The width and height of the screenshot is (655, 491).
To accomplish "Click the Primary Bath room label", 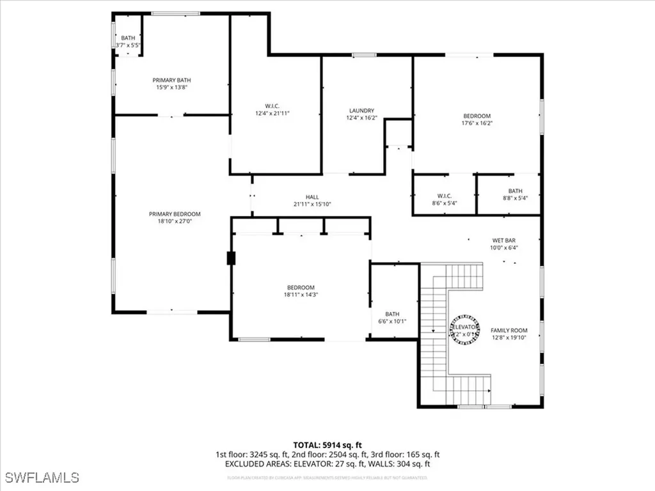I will point(171,80).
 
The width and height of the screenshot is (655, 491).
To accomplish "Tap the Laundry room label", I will point(361,111).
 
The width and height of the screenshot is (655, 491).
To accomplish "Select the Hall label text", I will point(312,197).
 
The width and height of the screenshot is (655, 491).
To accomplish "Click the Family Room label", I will point(509,330).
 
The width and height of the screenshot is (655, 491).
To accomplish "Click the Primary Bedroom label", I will point(175,214).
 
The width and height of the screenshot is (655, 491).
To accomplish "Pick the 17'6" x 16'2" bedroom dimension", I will point(477,123).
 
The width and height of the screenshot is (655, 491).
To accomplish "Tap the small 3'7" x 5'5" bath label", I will point(128,45).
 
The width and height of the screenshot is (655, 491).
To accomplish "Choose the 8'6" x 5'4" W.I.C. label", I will point(444,203).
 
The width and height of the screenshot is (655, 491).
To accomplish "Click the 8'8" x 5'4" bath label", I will point(515,198).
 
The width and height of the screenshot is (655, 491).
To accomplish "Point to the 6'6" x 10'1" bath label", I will point(392,321).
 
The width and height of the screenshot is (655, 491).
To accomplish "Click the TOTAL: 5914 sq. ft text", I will point(327,444).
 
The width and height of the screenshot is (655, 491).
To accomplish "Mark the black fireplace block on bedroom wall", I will point(230,258).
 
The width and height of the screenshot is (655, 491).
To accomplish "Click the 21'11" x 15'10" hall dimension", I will point(312,205).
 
